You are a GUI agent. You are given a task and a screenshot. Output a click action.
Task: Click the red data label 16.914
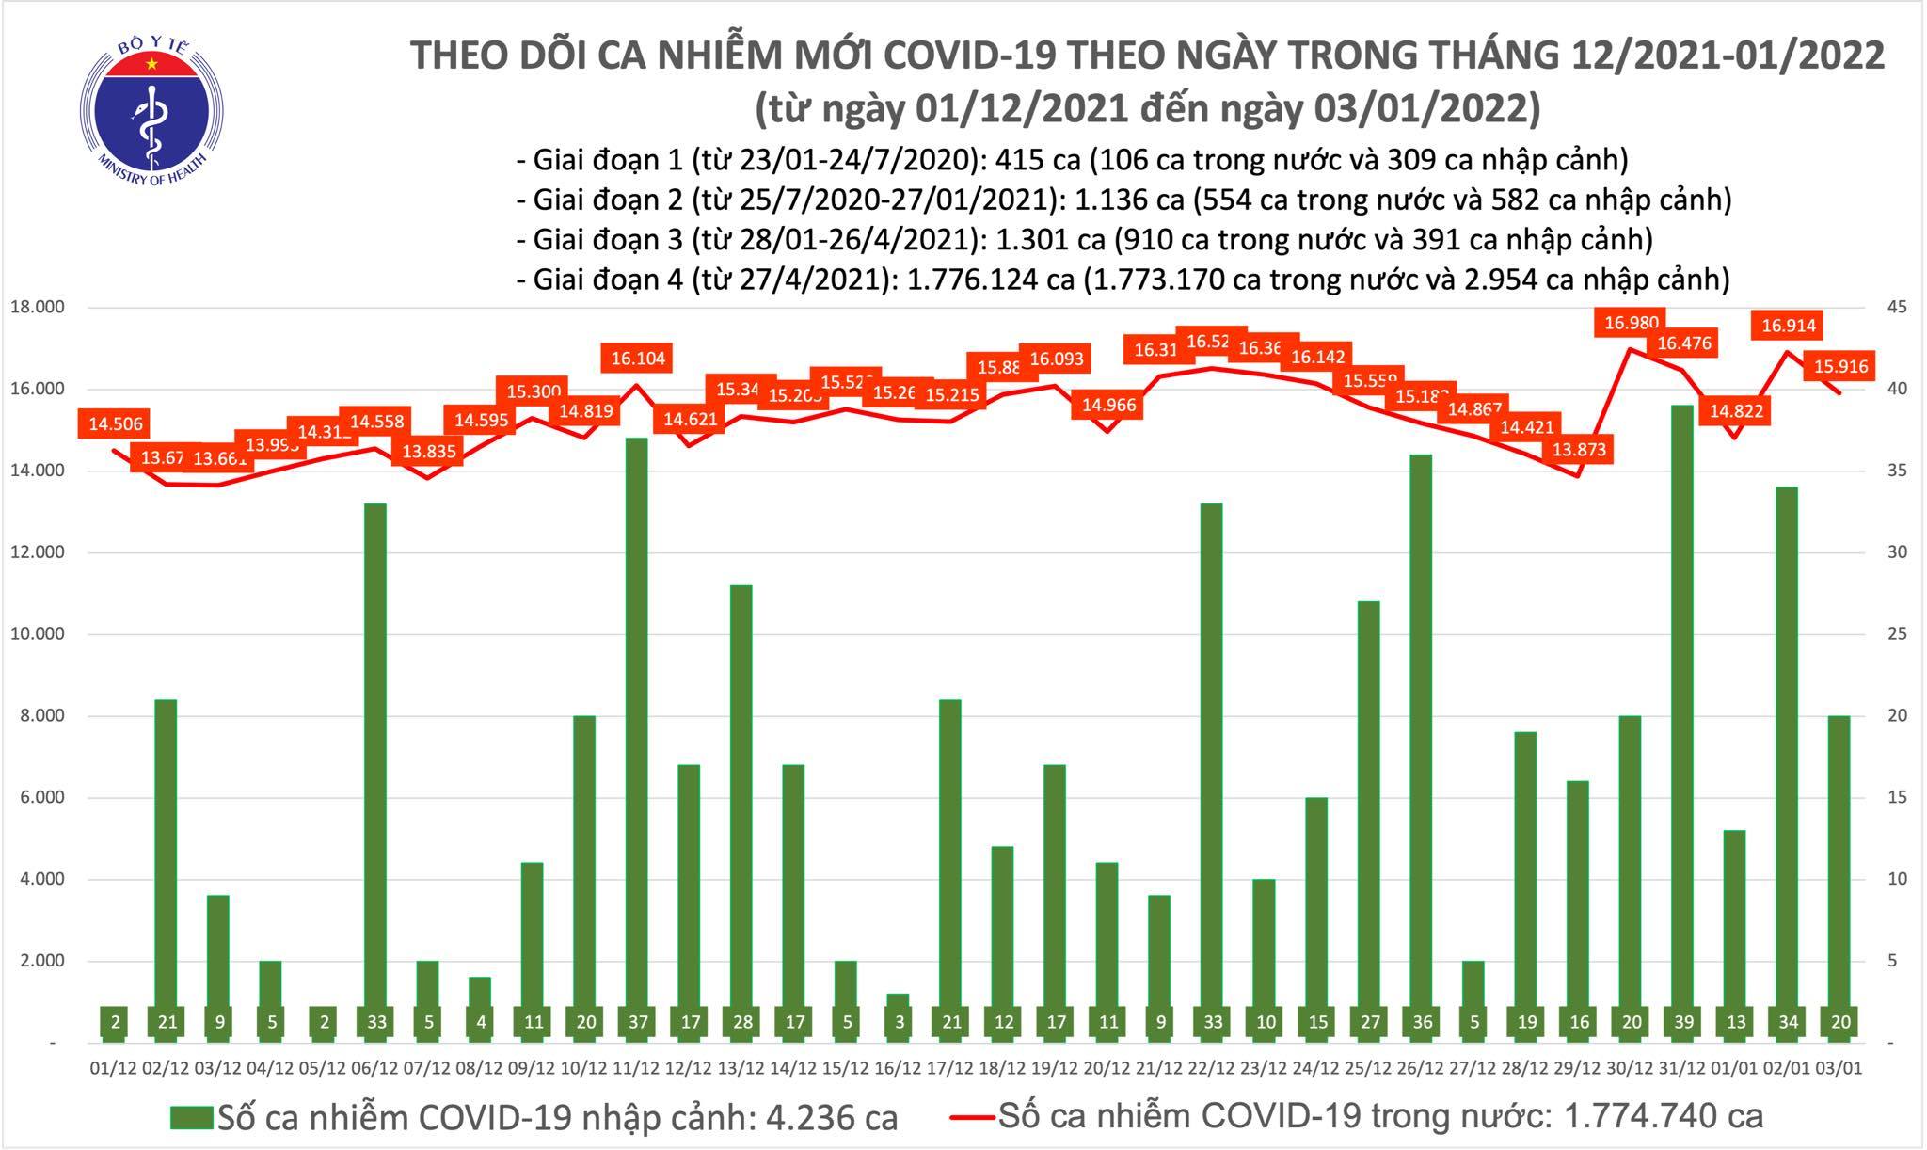pyautogui.click(x=1788, y=327)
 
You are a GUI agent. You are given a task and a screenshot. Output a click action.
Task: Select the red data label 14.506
pyautogui.click(x=116, y=424)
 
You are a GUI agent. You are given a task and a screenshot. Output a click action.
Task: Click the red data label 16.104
pyautogui.click(x=637, y=359)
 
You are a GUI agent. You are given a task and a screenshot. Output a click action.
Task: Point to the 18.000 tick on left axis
pyautogui.click(x=36, y=308)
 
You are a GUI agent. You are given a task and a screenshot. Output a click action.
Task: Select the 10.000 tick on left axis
pyautogui.click(x=36, y=634)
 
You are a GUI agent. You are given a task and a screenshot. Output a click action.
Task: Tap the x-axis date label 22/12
pyautogui.click(x=1210, y=1069)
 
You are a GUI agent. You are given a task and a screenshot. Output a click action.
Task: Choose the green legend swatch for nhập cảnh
pyautogui.click(x=192, y=1117)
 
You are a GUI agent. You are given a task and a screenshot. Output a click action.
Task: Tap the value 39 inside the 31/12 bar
pyautogui.click(x=1681, y=1023)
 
